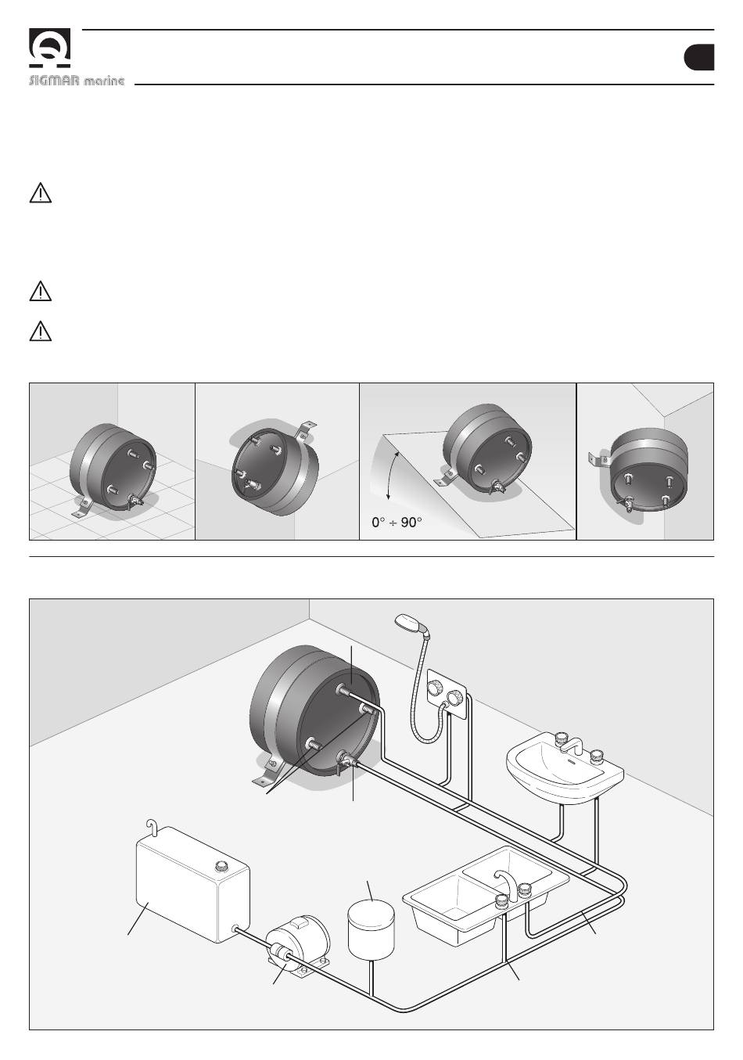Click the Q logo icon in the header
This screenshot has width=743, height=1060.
point(50,49)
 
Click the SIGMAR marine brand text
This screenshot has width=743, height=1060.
point(77,81)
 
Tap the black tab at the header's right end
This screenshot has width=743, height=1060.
point(698,59)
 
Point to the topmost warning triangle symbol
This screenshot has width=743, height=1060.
point(40,193)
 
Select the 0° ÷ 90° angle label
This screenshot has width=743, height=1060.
point(397,521)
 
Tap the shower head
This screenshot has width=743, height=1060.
point(409,623)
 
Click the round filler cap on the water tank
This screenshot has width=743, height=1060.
point(221,866)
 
